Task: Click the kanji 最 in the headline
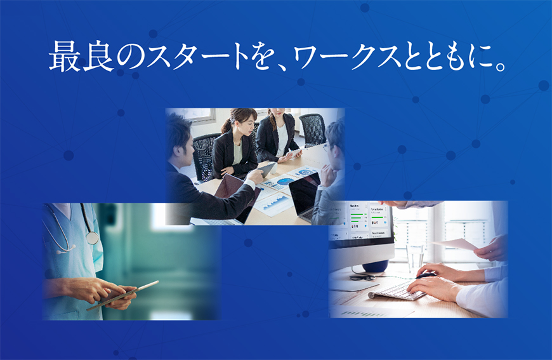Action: (63, 57)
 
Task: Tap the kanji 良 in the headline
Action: (98, 57)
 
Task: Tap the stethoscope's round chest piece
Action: (92, 238)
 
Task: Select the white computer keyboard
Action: (397, 291)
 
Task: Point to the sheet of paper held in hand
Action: (455, 244)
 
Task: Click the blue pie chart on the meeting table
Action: (286, 182)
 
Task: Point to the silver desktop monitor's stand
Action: (375, 265)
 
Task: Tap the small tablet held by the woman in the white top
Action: (294, 152)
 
